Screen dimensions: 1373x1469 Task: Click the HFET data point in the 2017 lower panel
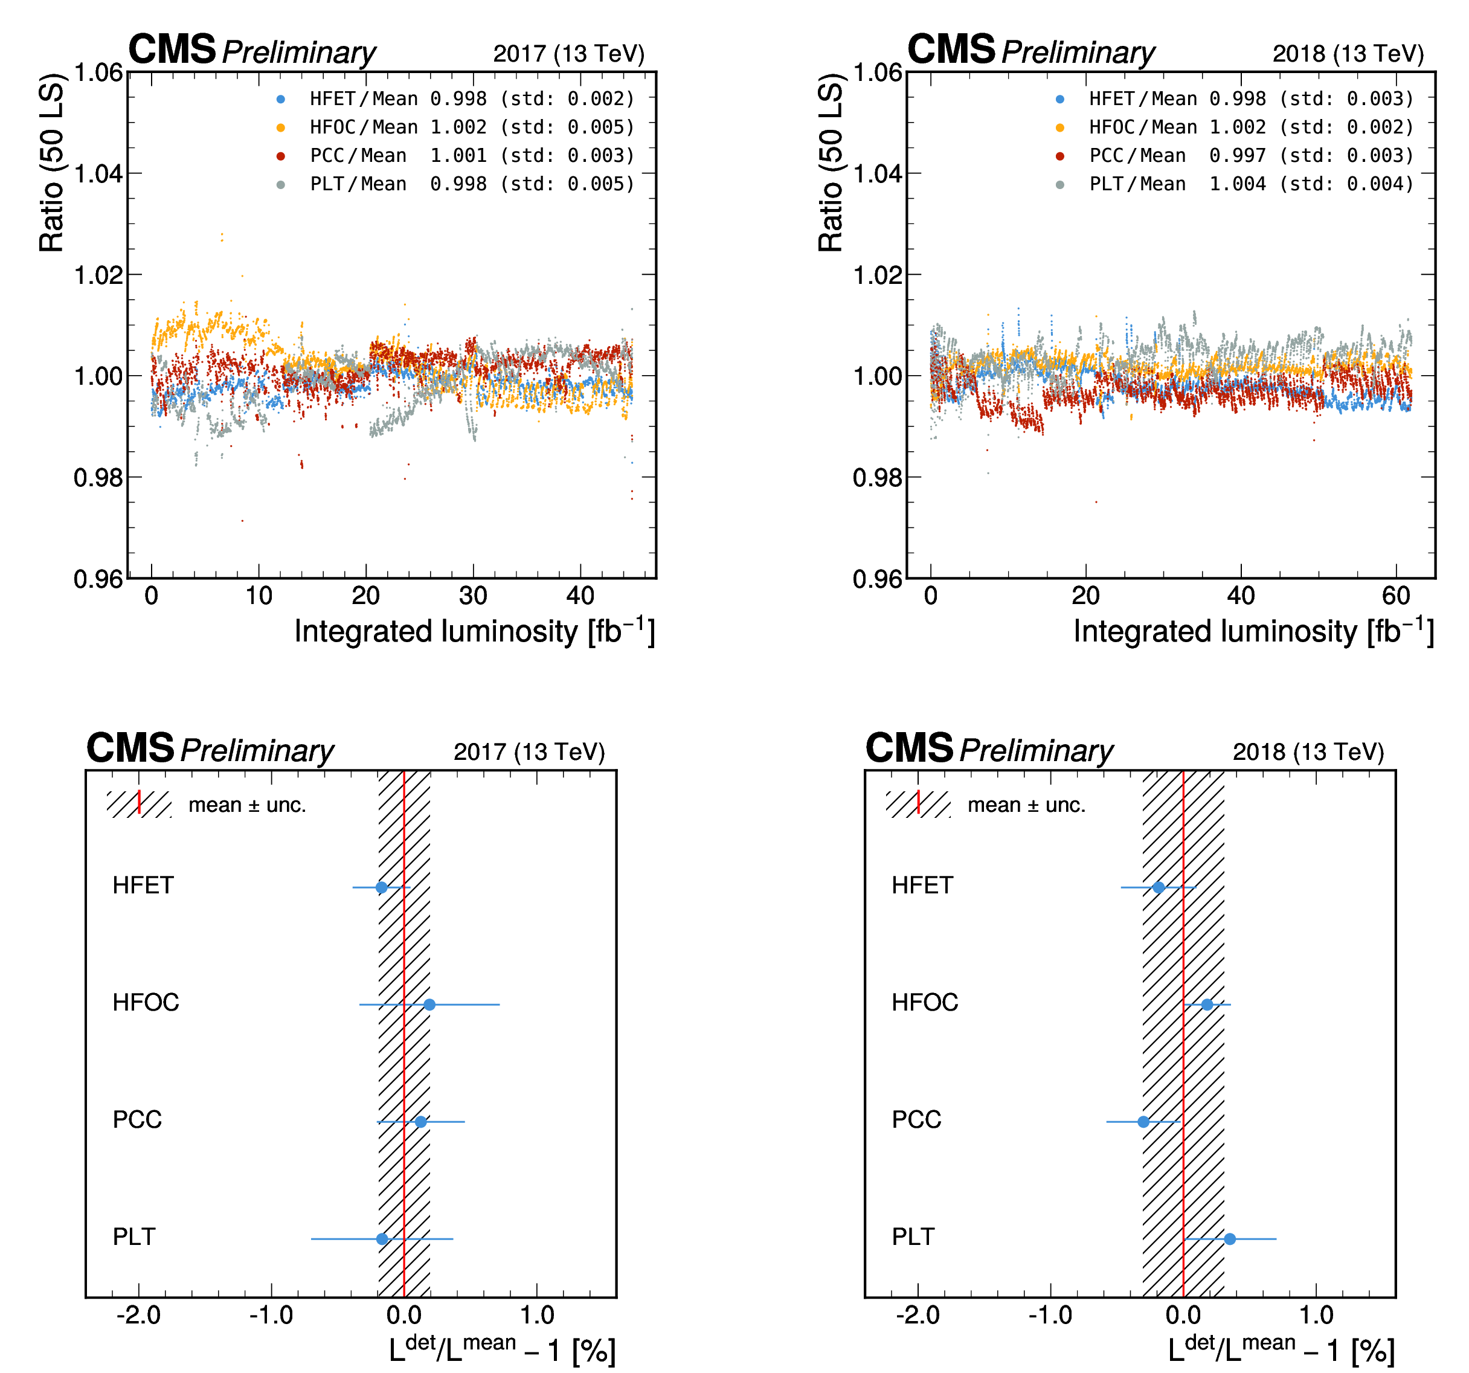381,887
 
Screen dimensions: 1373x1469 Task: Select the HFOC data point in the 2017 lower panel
429,1005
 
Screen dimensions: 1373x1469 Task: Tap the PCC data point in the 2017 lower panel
420,1122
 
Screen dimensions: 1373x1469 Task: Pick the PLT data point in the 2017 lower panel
382,1238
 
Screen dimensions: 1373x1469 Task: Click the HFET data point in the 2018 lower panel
1159,887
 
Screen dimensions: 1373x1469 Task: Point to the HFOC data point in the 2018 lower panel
1207,1005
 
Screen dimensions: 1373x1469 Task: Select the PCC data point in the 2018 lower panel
1144,1122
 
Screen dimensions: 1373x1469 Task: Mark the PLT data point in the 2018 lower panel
1230,1238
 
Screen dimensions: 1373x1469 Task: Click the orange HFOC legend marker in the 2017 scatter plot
281,128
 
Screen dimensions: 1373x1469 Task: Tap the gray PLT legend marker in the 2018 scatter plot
1060,185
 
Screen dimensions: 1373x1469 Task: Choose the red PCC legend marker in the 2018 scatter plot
1060,156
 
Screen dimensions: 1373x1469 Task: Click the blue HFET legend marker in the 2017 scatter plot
281,99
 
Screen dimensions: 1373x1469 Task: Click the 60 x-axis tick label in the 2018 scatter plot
1396,596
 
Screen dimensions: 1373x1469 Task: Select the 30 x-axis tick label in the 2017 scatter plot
473,596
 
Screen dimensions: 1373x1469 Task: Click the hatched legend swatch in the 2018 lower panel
918,804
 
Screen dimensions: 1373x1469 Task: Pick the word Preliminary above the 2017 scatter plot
298,53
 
